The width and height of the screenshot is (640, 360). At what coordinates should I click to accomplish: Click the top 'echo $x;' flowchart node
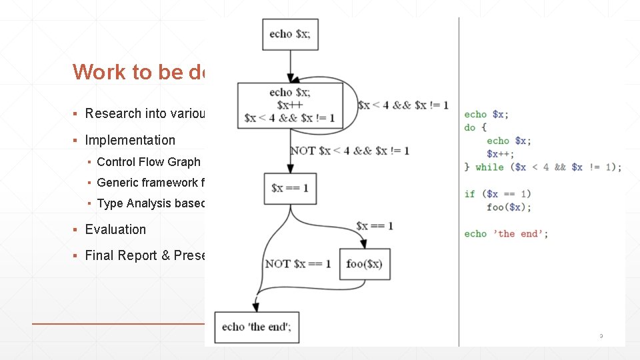coord(290,34)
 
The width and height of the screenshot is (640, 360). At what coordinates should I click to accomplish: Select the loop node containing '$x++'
coord(290,105)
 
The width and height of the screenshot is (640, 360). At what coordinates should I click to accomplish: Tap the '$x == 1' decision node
coord(290,188)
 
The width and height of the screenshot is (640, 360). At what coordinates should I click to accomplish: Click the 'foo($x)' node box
coord(364,264)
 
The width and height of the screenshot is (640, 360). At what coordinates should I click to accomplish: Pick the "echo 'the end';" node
coord(257,327)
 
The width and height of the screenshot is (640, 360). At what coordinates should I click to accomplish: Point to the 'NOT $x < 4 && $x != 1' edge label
coord(349,151)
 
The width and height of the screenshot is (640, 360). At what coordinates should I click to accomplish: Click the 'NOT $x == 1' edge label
coord(298,264)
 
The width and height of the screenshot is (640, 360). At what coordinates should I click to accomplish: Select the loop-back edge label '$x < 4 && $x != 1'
coord(403,105)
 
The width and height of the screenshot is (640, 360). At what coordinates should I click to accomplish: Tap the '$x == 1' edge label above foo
coord(374,226)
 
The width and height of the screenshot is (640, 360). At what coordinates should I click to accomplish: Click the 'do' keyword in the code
coord(470,127)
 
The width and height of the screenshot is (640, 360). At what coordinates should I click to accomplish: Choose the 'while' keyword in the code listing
coord(489,167)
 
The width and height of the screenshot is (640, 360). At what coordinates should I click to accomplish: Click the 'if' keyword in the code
coord(470,194)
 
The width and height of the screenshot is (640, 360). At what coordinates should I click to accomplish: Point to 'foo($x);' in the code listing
coord(509,207)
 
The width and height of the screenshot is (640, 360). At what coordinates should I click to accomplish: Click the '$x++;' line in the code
coord(497,154)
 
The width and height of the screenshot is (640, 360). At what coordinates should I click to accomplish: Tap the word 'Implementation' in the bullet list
coord(130,140)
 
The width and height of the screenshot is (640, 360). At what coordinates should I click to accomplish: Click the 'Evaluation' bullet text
coord(115,229)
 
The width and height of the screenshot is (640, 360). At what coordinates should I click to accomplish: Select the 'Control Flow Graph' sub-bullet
coord(149,162)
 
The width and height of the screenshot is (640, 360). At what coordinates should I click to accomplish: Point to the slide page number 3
coord(601,336)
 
